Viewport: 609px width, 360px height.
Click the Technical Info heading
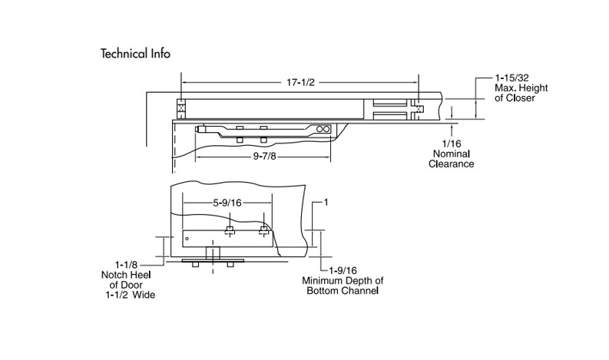[135, 54]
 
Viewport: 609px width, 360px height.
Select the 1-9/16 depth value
[342, 271]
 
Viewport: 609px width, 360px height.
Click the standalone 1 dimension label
[326, 203]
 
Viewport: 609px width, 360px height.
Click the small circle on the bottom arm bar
[187, 239]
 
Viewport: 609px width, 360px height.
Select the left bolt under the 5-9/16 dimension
[230, 230]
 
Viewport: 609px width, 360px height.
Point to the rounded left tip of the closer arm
[199, 130]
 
